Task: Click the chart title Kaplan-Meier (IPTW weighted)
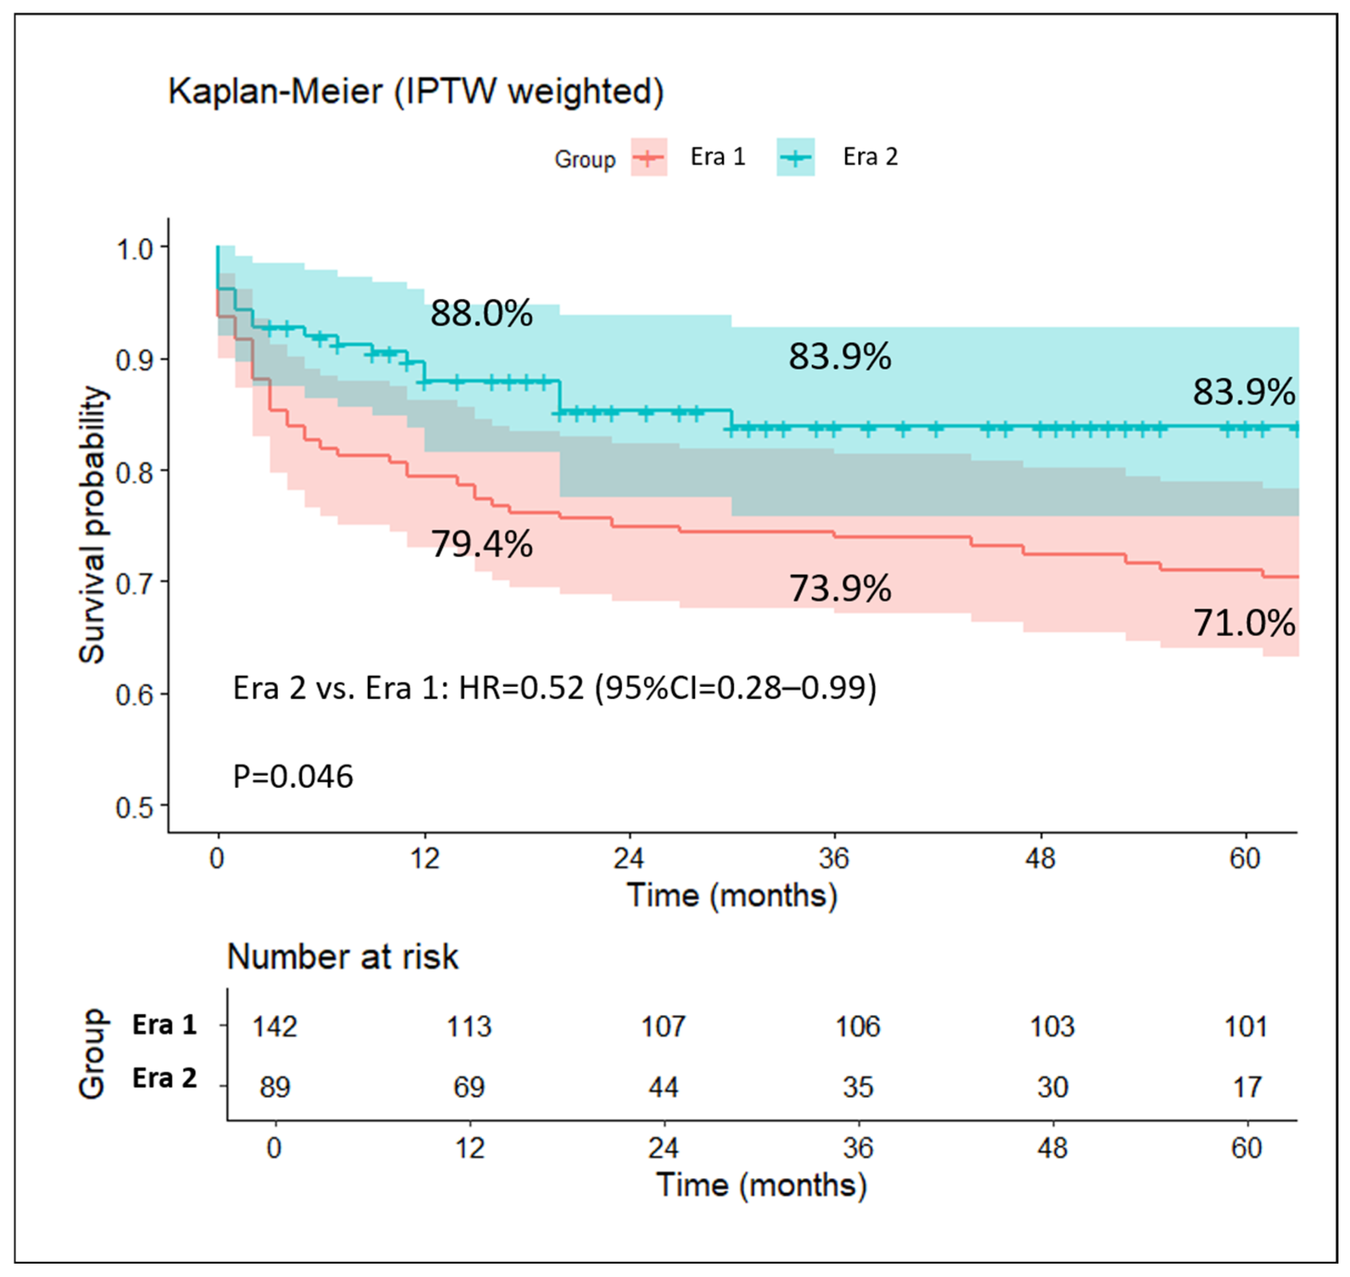click(x=416, y=91)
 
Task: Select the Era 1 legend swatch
click(x=648, y=157)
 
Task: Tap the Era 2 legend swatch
click(x=795, y=157)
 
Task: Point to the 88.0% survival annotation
click(x=481, y=314)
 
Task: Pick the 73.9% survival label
click(x=839, y=589)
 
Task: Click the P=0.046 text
click(x=293, y=777)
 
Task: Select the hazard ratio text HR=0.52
click(x=521, y=688)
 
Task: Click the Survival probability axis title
click(x=93, y=524)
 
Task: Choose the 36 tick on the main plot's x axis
click(x=834, y=859)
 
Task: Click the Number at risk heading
click(x=342, y=957)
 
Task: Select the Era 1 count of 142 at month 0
click(x=274, y=1026)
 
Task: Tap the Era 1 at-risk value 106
click(x=857, y=1026)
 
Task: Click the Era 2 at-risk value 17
click(x=1247, y=1087)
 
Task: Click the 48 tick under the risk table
click(x=1052, y=1148)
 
